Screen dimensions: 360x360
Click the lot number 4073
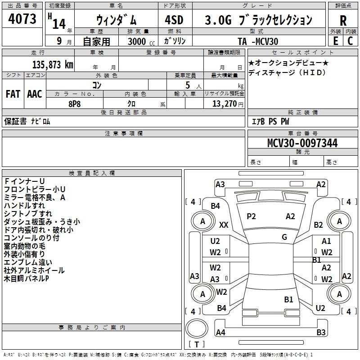tap(23, 19)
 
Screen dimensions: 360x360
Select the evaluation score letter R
tap(343, 21)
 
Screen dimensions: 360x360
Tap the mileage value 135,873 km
tap(53, 64)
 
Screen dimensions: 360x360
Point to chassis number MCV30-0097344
tap(302, 143)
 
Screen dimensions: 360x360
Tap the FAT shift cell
tap(13, 94)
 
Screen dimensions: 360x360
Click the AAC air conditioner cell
tap(34, 94)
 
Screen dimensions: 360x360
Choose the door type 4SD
tap(174, 19)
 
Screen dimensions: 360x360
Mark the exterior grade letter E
tap(335, 41)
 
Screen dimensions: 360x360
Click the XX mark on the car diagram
tap(224, 225)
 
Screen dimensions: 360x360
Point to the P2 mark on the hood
tap(251, 216)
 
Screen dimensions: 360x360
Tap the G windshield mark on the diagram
tap(284, 237)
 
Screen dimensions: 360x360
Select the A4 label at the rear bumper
tap(220, 333)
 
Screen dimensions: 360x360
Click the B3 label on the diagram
tap(321, 333)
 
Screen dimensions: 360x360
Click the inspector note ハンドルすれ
tap(24, 206)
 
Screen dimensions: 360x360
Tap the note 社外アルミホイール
tap(34, 270)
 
